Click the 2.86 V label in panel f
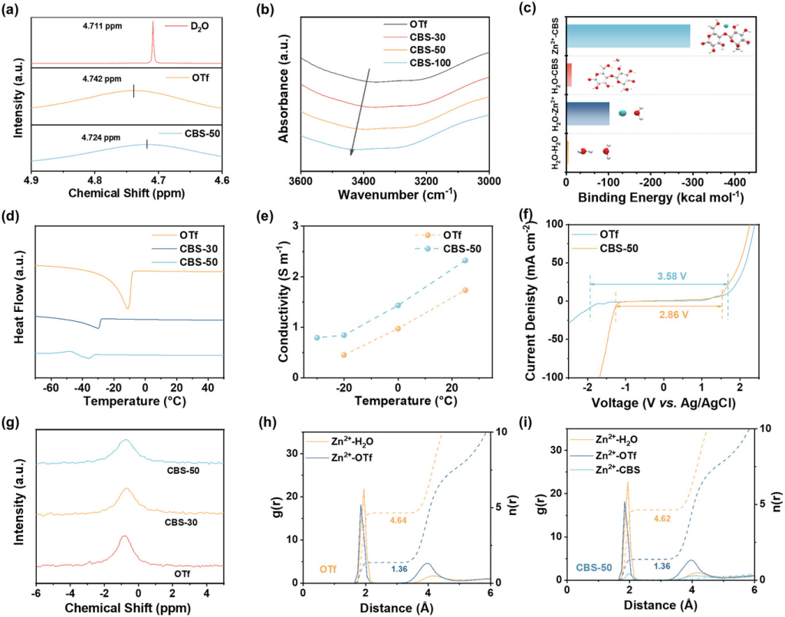point(662,313)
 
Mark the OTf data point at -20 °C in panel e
point(344,355)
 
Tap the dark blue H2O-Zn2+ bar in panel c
point(588,113)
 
